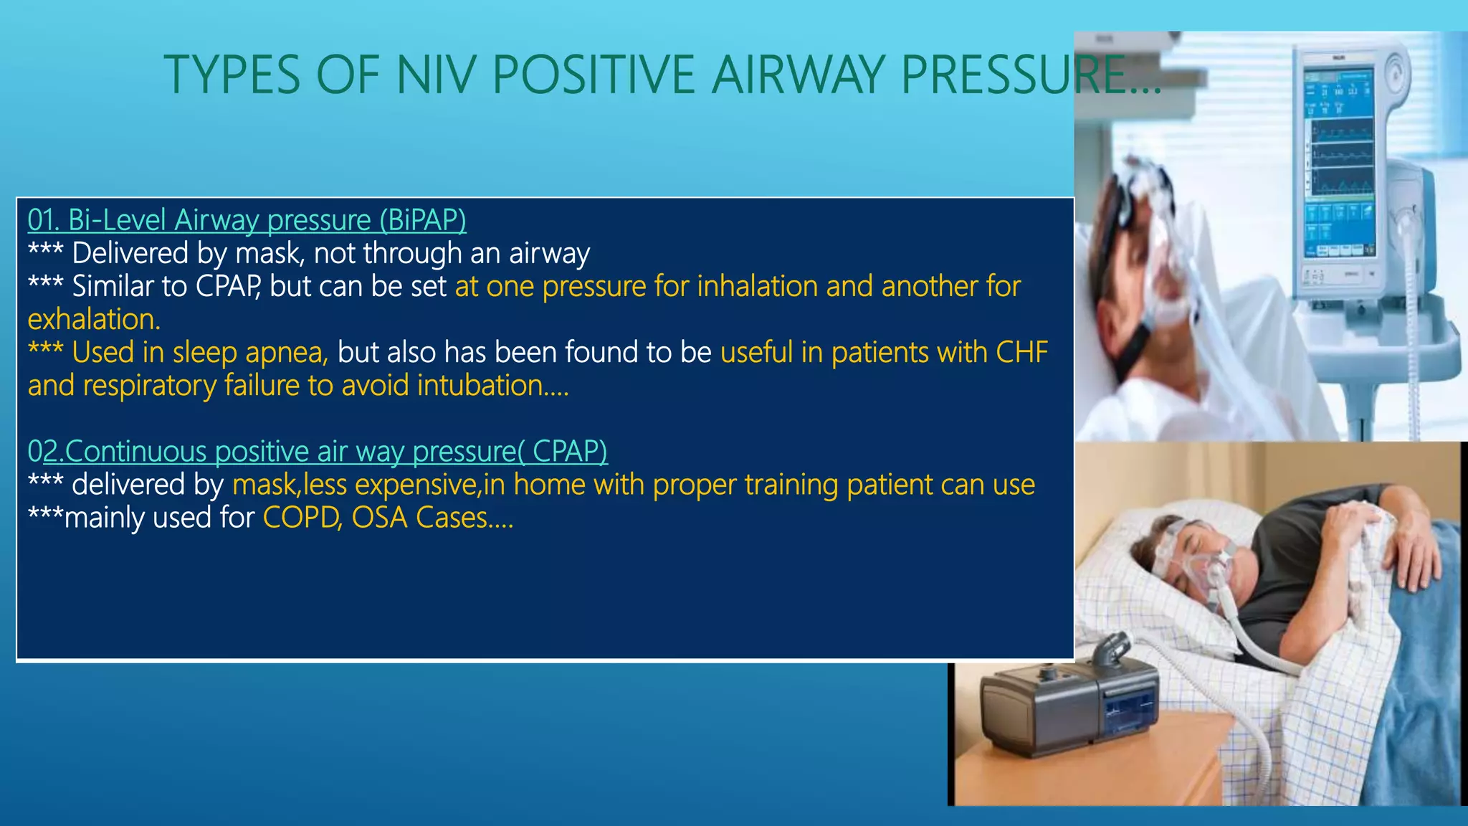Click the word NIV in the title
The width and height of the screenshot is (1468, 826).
pos(435,75)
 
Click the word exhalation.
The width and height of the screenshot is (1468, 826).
pos(93,320)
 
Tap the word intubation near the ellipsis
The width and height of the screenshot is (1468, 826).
pos(479,386)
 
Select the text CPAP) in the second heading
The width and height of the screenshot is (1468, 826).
pos(569,452)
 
